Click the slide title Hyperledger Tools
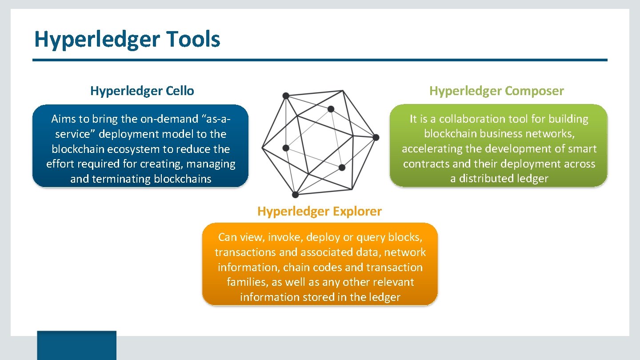127,39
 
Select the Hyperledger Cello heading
142,91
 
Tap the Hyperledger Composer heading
496,91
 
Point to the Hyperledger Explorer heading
319,211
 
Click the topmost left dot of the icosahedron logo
286,96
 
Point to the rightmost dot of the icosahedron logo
376,137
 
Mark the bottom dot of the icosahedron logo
295,195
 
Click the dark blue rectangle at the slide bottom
76,345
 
